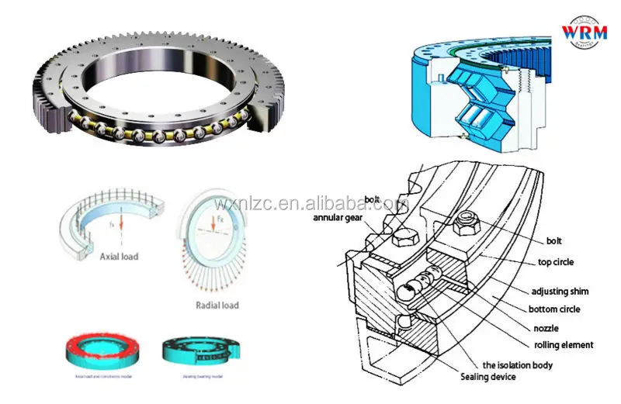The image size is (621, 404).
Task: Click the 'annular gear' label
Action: pos(340,218)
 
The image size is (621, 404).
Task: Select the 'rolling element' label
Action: pos(564,345)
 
